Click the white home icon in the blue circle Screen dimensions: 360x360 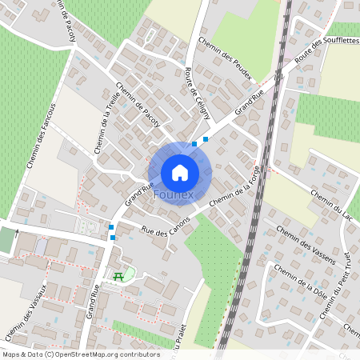(179, 172)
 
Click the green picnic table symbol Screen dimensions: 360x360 (118, 276)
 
